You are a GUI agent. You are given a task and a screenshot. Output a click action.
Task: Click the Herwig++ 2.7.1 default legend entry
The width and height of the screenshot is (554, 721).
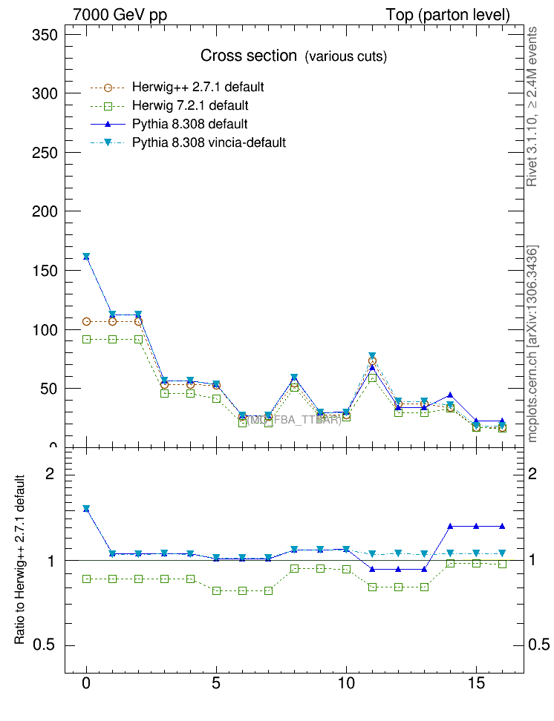tap(198, 87)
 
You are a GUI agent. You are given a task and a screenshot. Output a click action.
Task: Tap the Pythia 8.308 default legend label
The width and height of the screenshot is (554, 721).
tap(189, 124)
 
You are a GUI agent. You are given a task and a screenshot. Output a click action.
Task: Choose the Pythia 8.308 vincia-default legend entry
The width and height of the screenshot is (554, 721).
tap(209, 142)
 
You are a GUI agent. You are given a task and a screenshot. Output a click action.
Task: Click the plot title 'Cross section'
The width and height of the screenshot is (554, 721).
tap(248, 56)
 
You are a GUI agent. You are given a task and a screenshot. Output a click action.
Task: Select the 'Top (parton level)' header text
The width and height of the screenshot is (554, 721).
tap(448, 15)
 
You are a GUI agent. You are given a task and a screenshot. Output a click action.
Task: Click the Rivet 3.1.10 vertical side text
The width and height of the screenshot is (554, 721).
tap(532, 106)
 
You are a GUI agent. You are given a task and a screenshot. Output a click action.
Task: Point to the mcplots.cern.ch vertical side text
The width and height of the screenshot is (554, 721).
tap(532, 343)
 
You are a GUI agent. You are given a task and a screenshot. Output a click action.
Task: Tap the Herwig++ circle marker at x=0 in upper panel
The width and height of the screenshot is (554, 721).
tap(87, 321)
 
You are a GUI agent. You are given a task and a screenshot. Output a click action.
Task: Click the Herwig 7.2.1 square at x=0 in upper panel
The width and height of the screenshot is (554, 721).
tap(87, 339)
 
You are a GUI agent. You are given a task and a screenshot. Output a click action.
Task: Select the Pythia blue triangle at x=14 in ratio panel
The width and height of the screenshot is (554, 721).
tap(450, 526)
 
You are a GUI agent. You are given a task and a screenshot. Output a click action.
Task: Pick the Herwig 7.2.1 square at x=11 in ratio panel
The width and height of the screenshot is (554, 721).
tap(372, 587)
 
